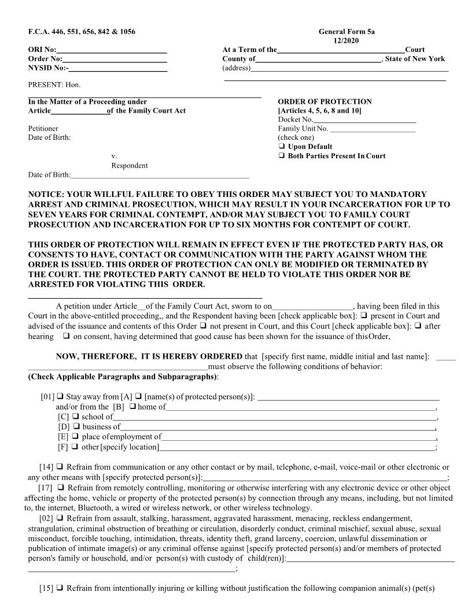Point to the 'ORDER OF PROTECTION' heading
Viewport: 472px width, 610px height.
click(325, 102)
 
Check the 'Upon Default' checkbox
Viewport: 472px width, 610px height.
click(282, 147)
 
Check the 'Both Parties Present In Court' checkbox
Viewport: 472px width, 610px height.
click(282, 156)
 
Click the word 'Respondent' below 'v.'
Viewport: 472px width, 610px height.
click(129, 166)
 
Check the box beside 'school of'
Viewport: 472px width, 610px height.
click(76, 416)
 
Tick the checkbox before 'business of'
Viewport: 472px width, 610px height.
click(76, 427)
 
